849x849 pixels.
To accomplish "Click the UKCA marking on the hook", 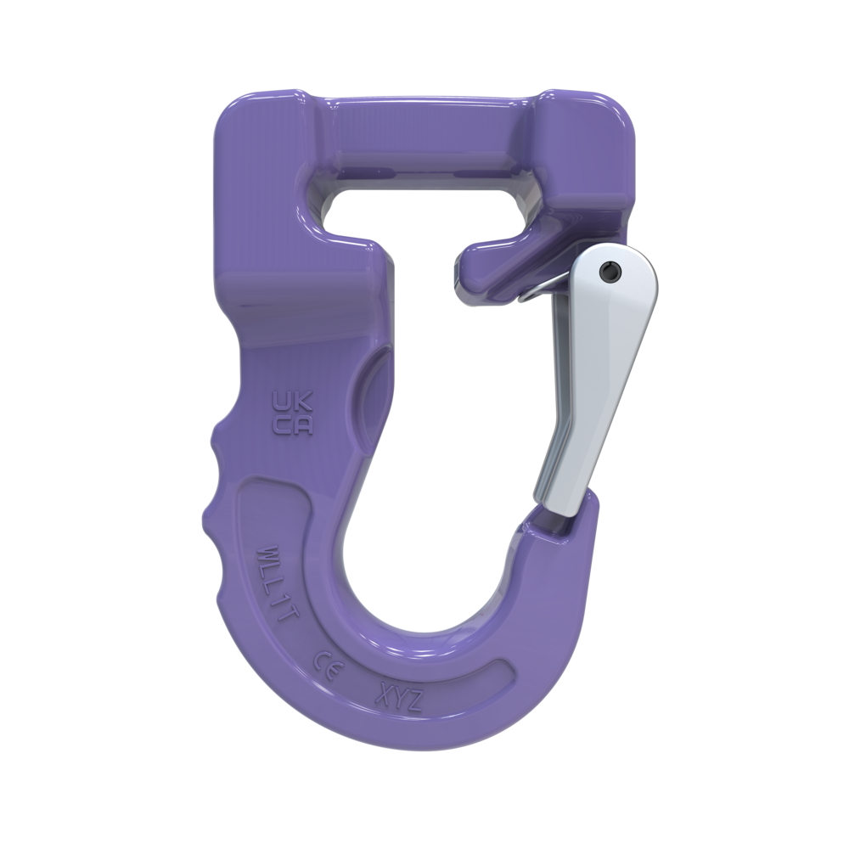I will [x=291, y=413].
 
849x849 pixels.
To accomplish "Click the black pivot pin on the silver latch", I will [x=608, y=270].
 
